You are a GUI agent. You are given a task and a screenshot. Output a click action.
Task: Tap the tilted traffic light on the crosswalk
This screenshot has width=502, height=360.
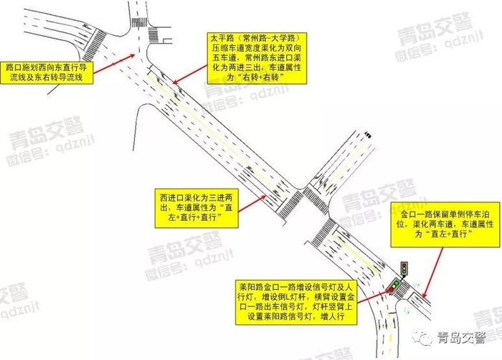[x=394, y=287]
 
